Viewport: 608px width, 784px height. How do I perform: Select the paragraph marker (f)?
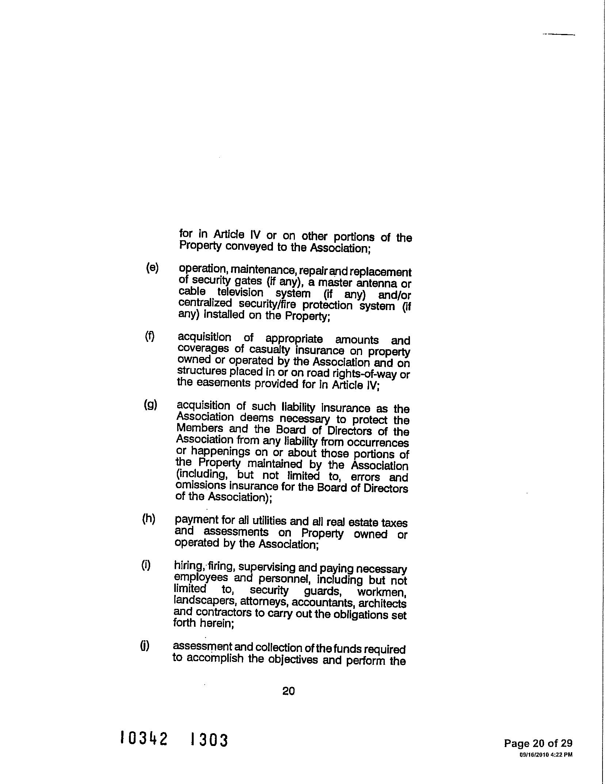[x=150, y=336]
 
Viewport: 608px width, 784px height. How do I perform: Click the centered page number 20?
[x=289, y=691]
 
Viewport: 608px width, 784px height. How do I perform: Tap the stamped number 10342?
[x=144, y=739]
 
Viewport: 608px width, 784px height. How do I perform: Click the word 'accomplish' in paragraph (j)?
[x=216, y=659]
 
